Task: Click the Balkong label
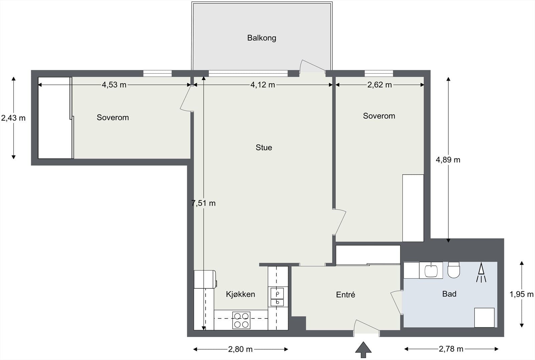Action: [x=261, y=38]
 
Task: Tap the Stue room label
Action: [x=264, y=148]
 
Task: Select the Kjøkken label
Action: [x=240, y=294]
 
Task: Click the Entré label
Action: [x=345, y=294]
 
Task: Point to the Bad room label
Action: [x=449, y=294]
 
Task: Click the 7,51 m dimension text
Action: [x=203, y=203]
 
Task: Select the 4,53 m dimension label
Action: [x=114, y=85]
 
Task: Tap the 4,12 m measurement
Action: [x=262, y=85]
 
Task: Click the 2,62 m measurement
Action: [x=379, y=85]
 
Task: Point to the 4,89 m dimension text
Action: [x=448, y=160]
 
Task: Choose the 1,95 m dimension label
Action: [x=521, y=294]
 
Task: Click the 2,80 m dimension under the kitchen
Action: [x=240, y=349]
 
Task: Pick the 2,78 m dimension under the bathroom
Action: [x=451, y=349]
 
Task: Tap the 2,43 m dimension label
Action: [x=13, y=118]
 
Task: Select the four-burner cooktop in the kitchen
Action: [x=241, y=320]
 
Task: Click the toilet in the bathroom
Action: [x=453, y=270]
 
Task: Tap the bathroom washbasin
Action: [x=431, y=270]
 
